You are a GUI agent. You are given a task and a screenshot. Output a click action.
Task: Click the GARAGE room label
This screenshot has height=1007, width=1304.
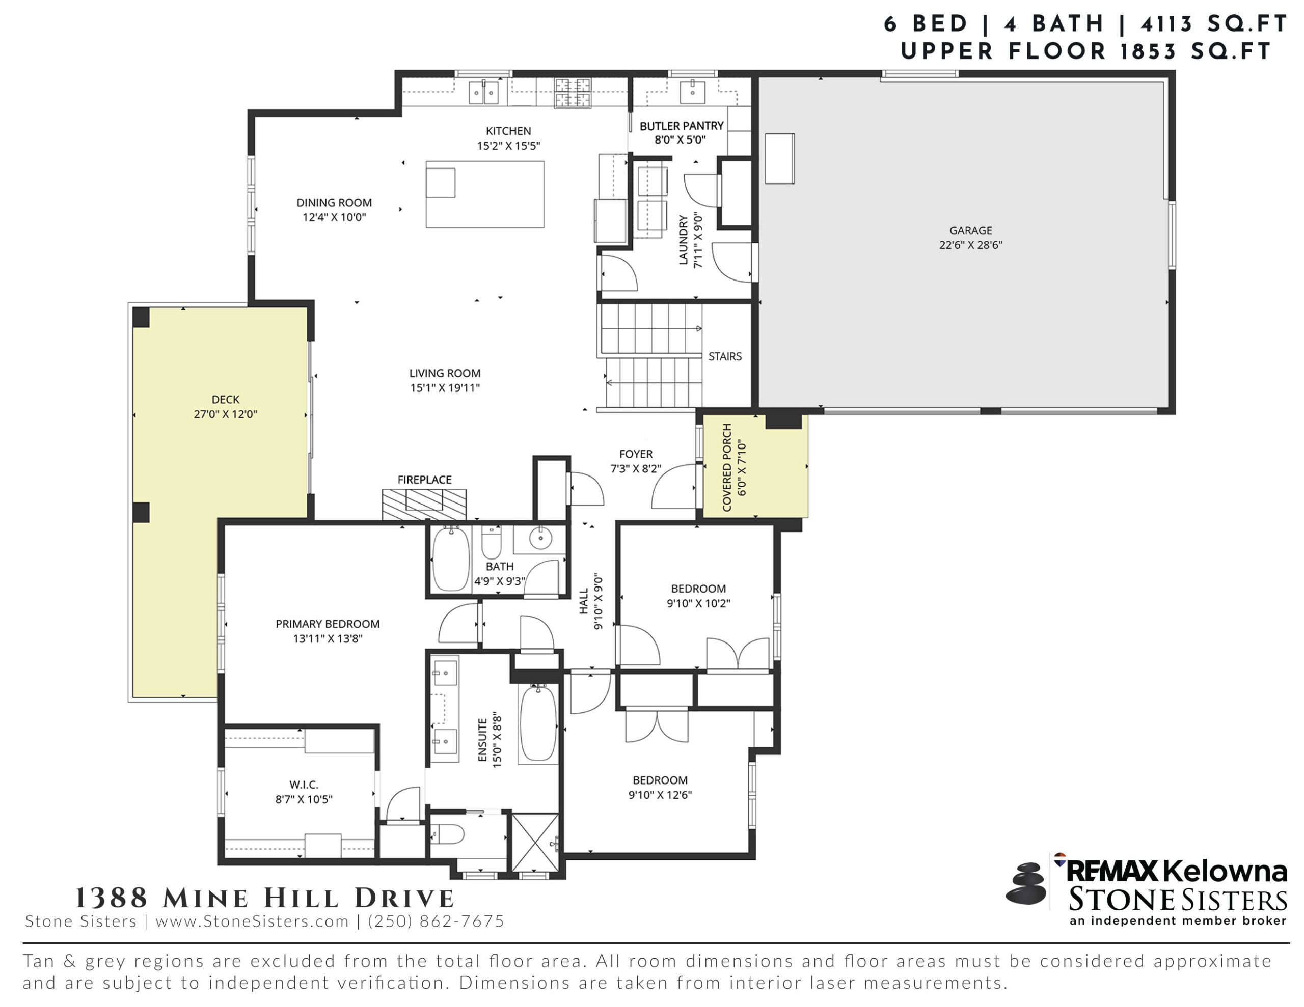point(971,231)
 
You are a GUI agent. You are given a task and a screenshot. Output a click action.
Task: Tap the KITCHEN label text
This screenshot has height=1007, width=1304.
point(508,131)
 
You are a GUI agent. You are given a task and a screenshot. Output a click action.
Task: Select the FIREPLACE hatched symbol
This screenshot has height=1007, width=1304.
point(424,505)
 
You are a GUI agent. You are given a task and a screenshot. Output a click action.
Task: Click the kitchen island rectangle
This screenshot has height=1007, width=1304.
point(485,194)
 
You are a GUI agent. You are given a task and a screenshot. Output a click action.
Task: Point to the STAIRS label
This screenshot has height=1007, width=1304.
point(725,356)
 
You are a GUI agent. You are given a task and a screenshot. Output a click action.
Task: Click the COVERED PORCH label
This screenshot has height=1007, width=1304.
point(727,467)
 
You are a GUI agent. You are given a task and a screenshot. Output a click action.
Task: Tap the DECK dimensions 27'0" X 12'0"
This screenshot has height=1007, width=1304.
point(225,414)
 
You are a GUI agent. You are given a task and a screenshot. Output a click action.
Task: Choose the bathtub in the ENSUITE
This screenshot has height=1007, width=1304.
point(538,723)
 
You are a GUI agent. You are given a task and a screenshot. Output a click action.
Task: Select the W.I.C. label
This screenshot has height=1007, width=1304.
point(304,785)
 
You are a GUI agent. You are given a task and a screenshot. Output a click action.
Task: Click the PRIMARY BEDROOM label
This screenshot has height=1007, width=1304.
point(328,624)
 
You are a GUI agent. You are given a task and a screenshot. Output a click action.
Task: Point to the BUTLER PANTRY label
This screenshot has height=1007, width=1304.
point(681,126)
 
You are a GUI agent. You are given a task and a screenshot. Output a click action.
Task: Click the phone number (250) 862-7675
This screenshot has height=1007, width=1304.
point(436,921)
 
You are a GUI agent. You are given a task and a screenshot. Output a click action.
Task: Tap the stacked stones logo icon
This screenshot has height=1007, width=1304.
point(1026,883)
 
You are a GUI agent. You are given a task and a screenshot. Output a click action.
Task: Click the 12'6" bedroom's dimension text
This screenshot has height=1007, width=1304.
point(660,795)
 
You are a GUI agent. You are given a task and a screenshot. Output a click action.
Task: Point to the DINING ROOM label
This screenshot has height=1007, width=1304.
point(334,203)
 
